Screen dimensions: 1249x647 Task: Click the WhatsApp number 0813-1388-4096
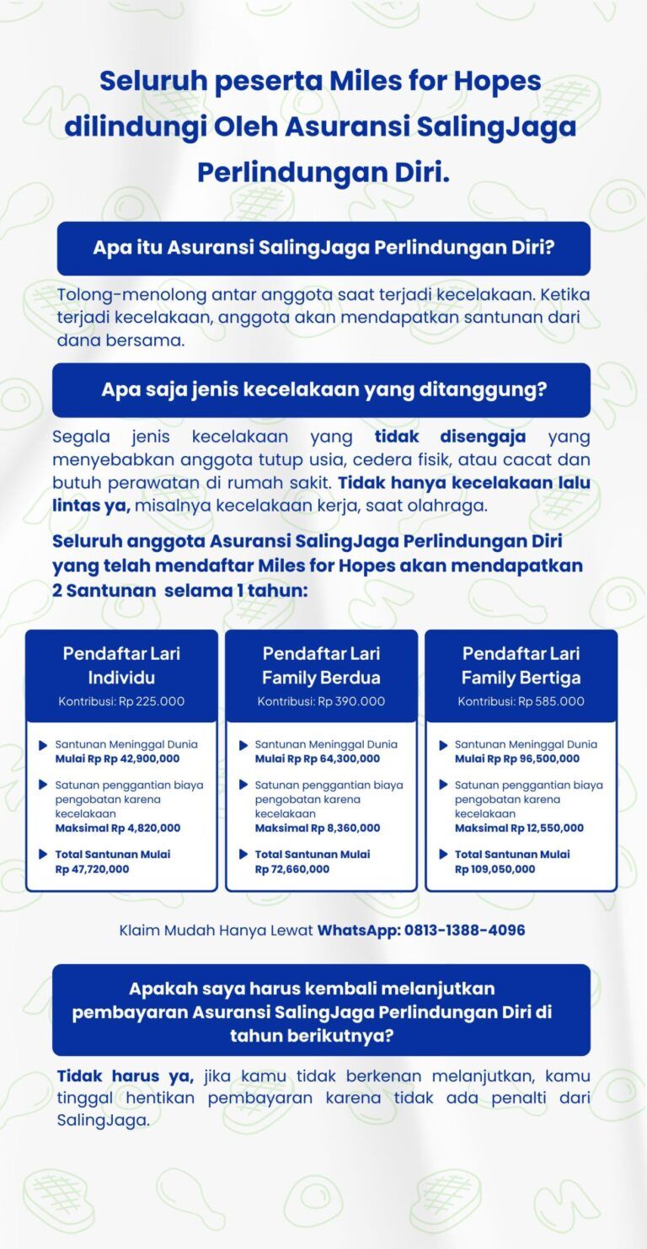point(464,930)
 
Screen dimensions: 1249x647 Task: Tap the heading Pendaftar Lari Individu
point(121,665)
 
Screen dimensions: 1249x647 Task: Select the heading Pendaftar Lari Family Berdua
point(321,665)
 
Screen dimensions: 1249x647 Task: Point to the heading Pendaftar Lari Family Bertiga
point(521,665)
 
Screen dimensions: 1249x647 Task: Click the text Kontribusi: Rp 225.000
point(121,701)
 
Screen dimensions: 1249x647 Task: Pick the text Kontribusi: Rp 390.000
point(321,701)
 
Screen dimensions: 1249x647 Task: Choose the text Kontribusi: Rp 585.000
point(521,701)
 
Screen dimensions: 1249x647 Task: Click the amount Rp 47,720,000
point(92,869)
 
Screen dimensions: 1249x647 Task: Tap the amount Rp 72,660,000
point(291,869)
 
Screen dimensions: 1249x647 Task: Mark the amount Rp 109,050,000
point(495,869)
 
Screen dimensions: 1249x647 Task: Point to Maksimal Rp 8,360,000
point(317,828)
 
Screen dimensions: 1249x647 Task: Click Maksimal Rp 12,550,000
point(519,828)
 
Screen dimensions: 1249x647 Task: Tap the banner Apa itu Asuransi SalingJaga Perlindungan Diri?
point(323,249)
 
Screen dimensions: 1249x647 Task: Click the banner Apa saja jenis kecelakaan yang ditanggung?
point(323,389)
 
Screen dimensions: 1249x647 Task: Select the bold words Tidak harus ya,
point(126,1076)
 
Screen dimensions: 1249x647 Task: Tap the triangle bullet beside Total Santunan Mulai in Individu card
point(43,855)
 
